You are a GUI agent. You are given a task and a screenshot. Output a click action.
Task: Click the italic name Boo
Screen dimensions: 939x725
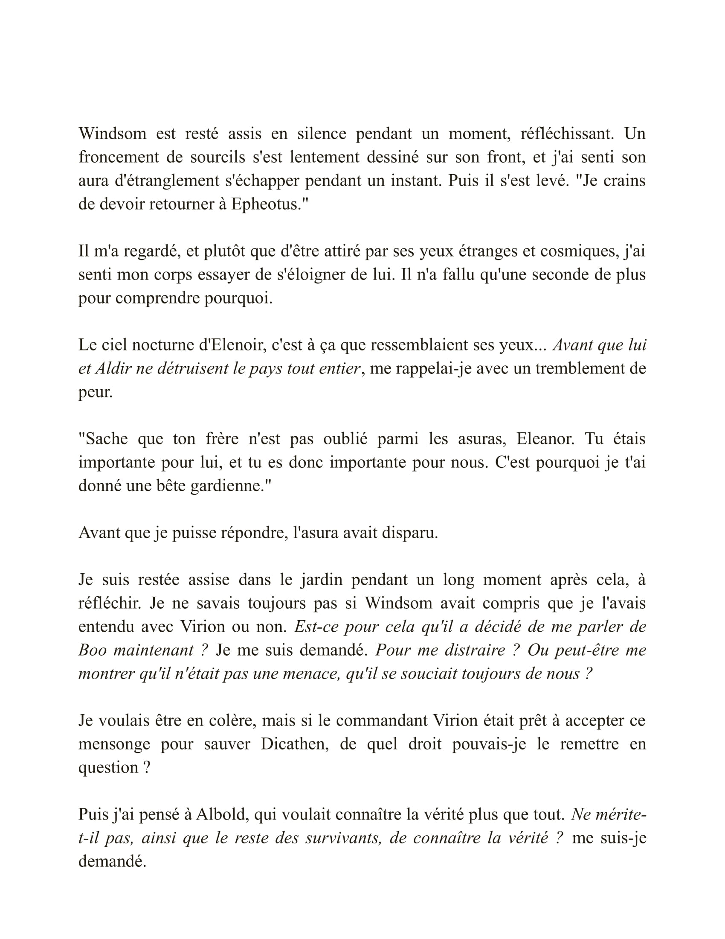tap(92, 650)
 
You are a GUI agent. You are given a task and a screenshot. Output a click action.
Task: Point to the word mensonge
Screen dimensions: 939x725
tap(114, 744)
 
